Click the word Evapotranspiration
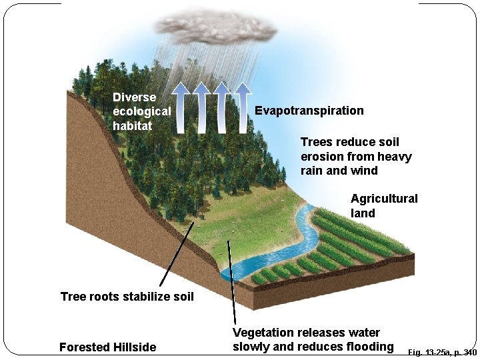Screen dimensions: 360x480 (x=309, y=111)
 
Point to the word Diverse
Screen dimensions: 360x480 (x=134, y=97)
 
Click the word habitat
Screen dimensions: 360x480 (x=132, y=125)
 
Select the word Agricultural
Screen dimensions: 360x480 (x=384, y=199)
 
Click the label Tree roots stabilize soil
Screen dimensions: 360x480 (x=127, y=296)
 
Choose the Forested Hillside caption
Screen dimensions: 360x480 (x=108, y=347)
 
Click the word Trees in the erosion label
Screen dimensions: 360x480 (x=317, y=142)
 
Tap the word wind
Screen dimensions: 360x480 (x=365, y=171)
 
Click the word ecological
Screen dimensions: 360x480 (x=142, y=111)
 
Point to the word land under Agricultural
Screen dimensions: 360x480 (x=363, y=213)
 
